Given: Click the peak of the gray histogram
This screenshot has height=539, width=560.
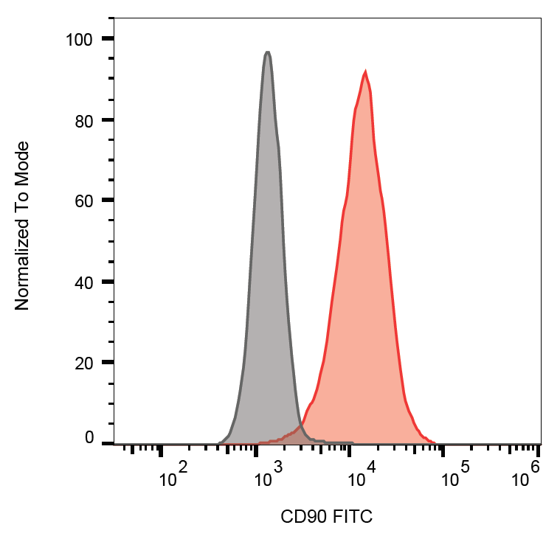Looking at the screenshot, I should click(x=267, y=53).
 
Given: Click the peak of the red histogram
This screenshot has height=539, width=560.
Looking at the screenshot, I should click(x=365, y=72).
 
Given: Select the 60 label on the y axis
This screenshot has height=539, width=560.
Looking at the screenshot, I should click(x=83, y=201).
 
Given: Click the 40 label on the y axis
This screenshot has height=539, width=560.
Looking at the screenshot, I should click(x=83, y=282).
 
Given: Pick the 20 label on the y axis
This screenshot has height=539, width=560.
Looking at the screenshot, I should click(x=83, y=363).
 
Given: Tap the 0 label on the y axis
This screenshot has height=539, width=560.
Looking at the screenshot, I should click(x=89, y=438).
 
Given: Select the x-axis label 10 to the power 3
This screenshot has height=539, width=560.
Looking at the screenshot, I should click(x=269, y=476).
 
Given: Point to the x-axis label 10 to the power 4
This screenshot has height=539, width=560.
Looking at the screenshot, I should click(x=362, y=476).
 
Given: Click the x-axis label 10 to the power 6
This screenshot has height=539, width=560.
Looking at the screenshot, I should click(x=525, y=476).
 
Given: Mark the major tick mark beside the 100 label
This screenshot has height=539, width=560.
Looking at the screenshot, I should click(x=108, y=38).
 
